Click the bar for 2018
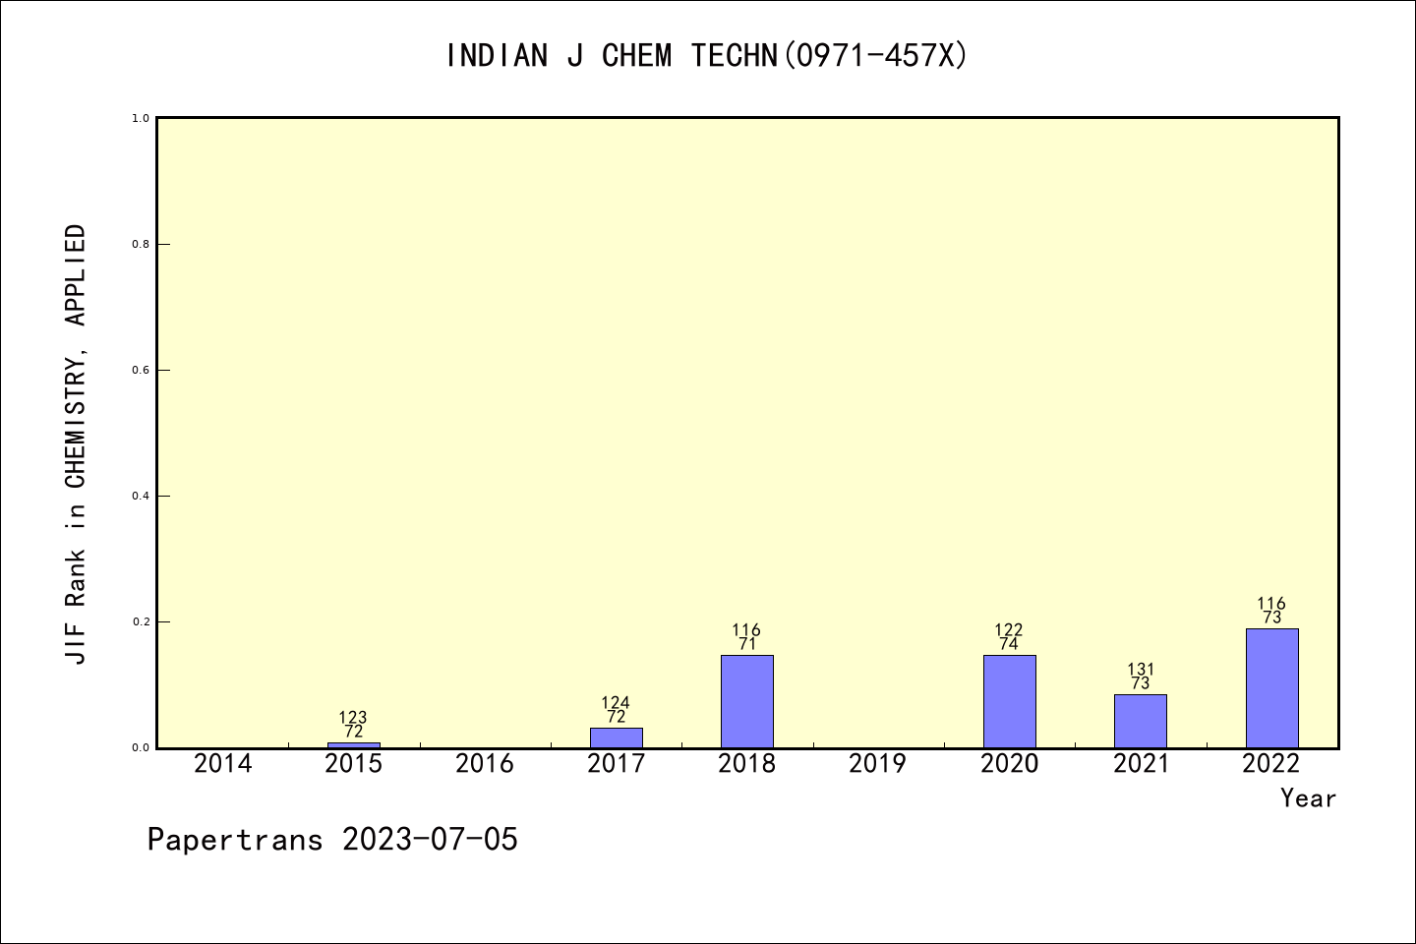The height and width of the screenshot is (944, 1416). pos(746,701)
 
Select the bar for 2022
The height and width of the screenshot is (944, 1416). pos(1271,688)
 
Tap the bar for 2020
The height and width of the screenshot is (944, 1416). pos(1009,701)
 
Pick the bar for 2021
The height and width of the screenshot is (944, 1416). pos(1140,721)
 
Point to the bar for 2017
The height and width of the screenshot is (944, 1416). pos(616,737)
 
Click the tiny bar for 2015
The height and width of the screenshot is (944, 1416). pos(353,744)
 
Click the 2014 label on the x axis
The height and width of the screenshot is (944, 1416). pos(222,764)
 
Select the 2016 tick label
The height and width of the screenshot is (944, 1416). pos(485,764)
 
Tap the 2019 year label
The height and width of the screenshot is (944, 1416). pos(877,764)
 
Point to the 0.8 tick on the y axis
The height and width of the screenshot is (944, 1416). pos(141,244)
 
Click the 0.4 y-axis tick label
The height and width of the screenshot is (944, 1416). pos(141,496)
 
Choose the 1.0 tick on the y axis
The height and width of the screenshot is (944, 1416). pos(141,118)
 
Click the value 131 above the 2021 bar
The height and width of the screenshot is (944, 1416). pos(1141,670)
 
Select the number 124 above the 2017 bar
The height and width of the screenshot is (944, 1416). pos(616,703)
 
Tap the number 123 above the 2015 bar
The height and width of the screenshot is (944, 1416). pos(353,718)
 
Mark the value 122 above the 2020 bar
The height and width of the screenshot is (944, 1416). pos(1009,630)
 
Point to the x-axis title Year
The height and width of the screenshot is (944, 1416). pos(1308,798)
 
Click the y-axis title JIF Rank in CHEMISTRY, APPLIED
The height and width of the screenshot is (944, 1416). pos(76,444)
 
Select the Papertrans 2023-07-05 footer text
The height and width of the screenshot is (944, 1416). pos(332,840)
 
